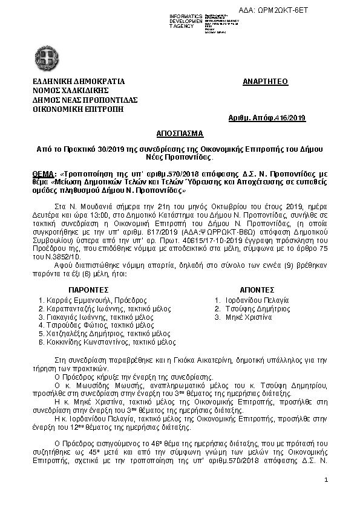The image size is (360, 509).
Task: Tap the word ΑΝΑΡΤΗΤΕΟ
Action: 265,80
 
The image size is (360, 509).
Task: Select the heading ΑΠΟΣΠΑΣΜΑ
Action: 179,132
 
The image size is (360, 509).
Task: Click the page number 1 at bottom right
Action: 326,480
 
